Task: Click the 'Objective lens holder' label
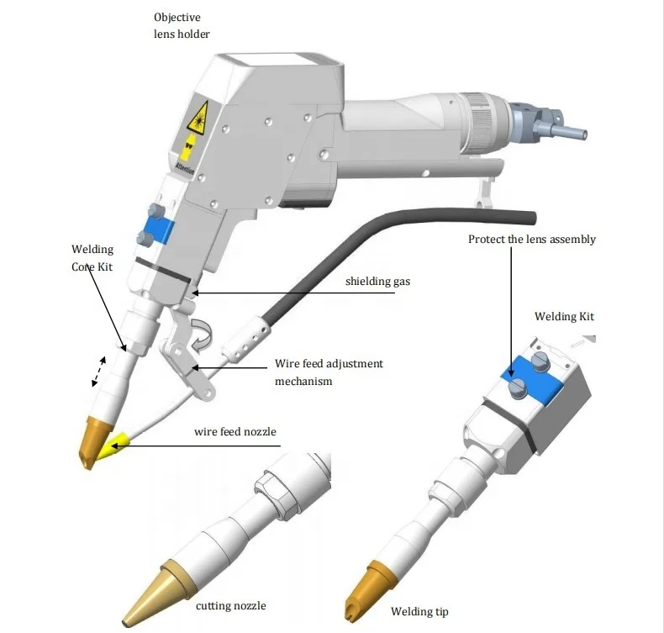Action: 182,25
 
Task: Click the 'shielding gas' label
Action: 377,281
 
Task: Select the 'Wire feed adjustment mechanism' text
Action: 329,372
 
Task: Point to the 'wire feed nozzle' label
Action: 235,432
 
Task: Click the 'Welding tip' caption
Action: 419,611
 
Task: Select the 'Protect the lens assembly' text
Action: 532,240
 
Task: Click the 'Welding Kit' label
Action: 564,316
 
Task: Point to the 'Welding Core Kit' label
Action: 92,257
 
